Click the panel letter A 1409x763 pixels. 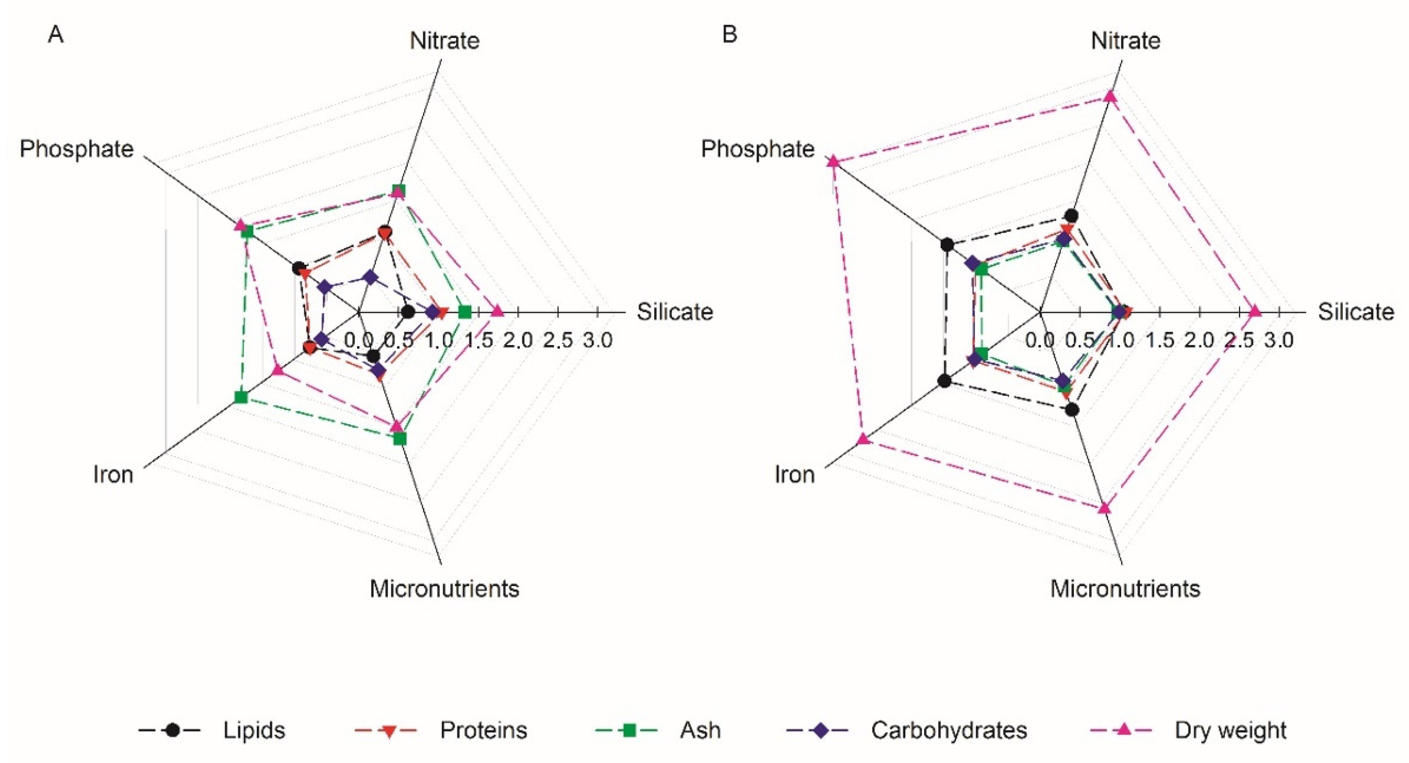pos(56,35)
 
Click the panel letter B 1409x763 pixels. pos(730,35)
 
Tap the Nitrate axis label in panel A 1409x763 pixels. pos(445,41)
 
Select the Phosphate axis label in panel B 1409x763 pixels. pos(757,149)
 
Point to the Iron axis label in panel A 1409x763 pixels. pos(113,474)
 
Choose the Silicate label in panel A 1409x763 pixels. pos(674,312)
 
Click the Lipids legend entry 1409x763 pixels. pos(253,730)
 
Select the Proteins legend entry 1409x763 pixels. pos(483,730)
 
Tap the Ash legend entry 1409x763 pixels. pos(700,730)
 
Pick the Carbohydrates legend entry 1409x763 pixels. pos(949,730)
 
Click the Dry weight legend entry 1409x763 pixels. pos(1231,730)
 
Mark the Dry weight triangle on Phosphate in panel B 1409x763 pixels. pos(833,161)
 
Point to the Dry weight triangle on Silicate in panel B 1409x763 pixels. pos(1255,311)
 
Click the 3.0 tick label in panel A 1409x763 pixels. pos(597,340)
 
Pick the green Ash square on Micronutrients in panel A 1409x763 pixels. pos(400,439)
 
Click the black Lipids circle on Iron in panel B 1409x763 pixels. pos(944,381)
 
